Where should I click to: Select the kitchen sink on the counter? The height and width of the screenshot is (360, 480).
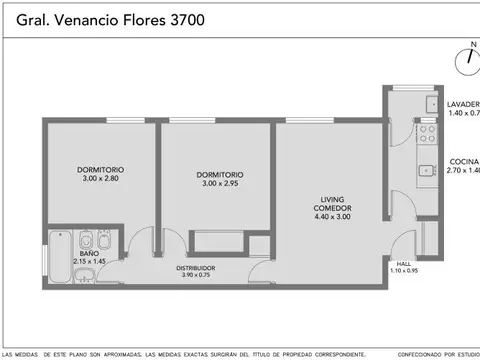(427, 171)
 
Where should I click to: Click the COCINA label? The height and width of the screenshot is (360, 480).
(463, 162)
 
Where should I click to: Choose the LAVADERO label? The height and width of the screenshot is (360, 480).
(463, 103)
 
